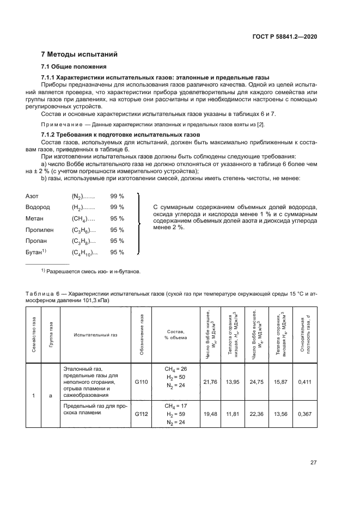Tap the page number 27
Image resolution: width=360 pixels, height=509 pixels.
point(314,463)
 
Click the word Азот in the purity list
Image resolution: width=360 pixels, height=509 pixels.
point(33,195)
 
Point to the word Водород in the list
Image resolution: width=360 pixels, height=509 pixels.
point(38,207)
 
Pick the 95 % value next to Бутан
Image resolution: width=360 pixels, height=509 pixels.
point(117,252)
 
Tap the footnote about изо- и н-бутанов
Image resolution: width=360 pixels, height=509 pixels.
point(91,271)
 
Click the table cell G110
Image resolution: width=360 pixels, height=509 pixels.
point(142,382)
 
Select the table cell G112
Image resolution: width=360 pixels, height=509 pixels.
point(142,414)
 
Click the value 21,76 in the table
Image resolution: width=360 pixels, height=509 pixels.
point(210,382)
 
